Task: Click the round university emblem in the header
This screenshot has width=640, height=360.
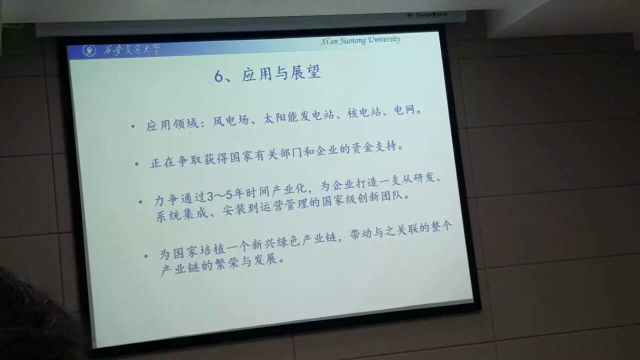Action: tap(89, 51)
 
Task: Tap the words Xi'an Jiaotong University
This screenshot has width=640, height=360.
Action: tap(360, 40)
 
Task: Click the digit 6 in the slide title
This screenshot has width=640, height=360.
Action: tap(218, 76)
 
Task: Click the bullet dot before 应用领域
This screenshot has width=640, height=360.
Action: tap(132, 126)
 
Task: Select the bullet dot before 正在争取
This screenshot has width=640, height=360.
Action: tap(136, 164)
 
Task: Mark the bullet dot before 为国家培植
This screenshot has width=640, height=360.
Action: tap(145, 256)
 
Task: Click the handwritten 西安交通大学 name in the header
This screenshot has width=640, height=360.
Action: tap(131, 50)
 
